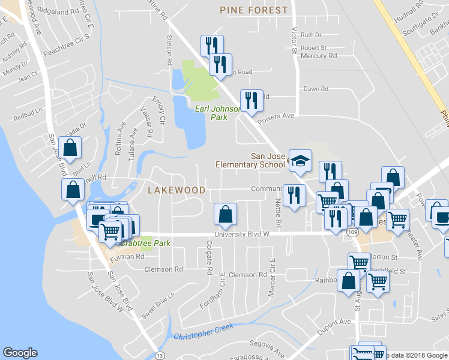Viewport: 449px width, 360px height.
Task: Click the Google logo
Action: click(x=20, y=353)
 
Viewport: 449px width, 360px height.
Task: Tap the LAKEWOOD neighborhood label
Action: click(x=176, y=190)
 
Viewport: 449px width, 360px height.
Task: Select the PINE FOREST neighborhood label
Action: click(x=254, y=10)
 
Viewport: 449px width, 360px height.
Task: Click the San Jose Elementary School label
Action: click(x=252, y=160)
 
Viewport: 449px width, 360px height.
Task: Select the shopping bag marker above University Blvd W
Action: click(x=225, y=214)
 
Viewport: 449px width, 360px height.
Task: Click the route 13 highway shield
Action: click(x=159, y=355)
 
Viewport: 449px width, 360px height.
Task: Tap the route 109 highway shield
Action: click(x=352, y=232)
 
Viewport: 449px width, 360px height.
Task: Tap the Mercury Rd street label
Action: click(x=319, y=56)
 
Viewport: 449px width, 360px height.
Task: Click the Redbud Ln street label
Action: click(x=31, y=111)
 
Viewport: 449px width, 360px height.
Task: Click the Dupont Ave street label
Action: click(x=335, y=322)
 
